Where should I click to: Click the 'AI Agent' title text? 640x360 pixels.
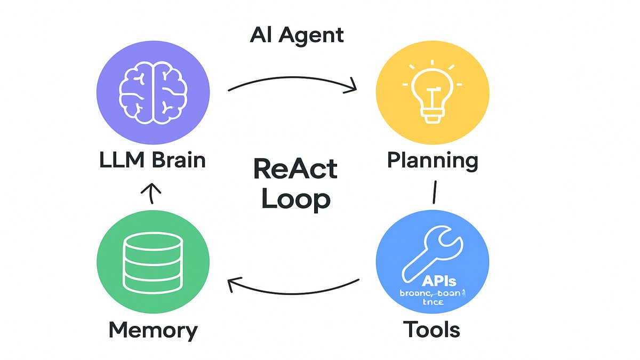(x=297, y=36)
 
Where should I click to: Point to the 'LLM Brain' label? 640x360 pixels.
(x=152, y=160)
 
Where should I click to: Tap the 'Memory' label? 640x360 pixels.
(x=153, y=330)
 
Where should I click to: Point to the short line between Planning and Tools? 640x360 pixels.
(x=435, y=192)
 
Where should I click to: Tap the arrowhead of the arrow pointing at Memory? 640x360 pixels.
(x=233, y=285)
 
